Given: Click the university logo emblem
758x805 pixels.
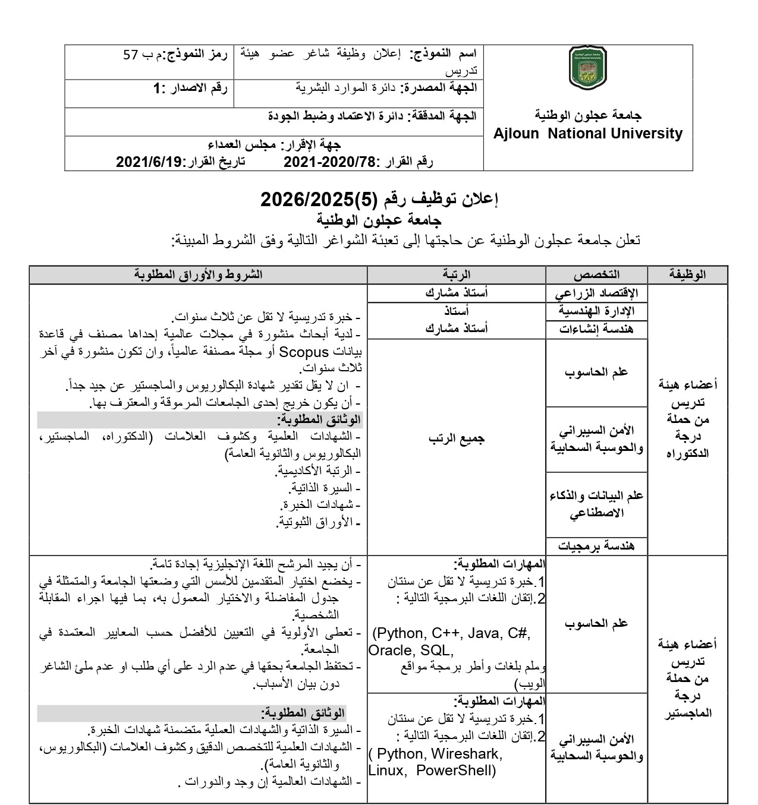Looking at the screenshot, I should click(587, 68).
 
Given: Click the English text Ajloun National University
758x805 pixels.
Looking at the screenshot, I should click(588, 134).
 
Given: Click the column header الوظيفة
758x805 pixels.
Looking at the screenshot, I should click(688, 274).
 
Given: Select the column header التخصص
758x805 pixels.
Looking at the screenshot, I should click(596, 274).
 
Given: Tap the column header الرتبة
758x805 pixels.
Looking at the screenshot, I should click(456, 274).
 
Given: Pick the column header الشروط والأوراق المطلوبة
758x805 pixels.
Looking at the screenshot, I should click(198, 274).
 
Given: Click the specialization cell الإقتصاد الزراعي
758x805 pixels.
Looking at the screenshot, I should click(596, 293).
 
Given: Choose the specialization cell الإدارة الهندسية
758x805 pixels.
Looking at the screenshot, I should click(596, 311).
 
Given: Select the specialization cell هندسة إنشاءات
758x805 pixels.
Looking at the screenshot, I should click(596, 329).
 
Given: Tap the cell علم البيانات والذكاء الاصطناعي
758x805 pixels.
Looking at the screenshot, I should click(596, 504).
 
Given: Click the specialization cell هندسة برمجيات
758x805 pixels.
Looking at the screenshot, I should click(596, 545).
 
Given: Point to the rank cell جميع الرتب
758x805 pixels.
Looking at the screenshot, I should click(456, 438).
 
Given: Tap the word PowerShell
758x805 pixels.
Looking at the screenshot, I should click(455, 771).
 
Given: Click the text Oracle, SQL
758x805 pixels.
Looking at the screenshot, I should click(410, 651).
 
